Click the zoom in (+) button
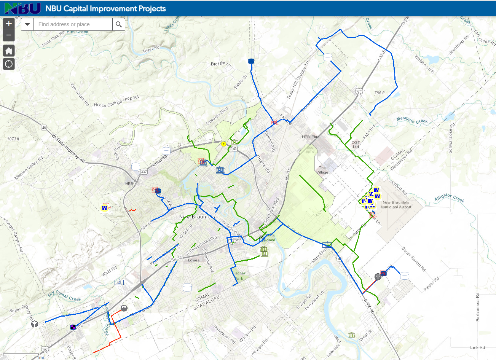click(9, 24)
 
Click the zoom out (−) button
click(9, 35)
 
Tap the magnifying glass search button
click(119, 25)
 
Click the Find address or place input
click(73, 25)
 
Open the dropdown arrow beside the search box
click(27, 25)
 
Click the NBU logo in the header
click(22, 8)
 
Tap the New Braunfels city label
click(197, 217)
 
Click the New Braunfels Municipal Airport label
click(396, 205)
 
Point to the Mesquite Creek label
click(412, 120)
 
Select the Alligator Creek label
click(449, 198)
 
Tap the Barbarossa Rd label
click(478, 307)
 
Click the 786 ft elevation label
click(380, 93)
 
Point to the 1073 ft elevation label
click(13, 139)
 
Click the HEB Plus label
click(310, 137)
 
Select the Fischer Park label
click(239, 276)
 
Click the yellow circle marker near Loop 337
click(224, 144)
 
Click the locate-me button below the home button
click(9, 64)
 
